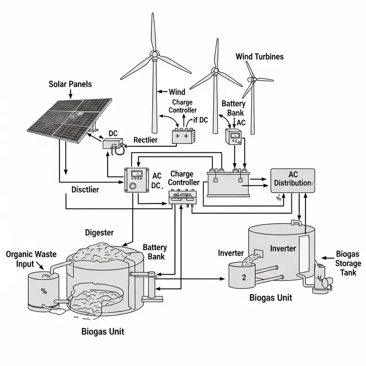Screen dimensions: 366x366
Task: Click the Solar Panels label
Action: (x=70, y=84)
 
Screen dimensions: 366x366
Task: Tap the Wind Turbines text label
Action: (x=259, y=57)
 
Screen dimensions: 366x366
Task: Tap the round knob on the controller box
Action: (x=134, y=187)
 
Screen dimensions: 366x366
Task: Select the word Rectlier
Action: (x=145, y=140)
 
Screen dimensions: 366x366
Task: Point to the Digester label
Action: (x=99, y=232)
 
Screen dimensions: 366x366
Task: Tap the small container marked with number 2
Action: (x=243, y=277)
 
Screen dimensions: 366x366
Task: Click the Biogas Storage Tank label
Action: (x=348, y=263)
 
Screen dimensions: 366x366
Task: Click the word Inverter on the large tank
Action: (x=283, y=248)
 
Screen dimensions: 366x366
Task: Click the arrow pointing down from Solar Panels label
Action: (x=70, y=94)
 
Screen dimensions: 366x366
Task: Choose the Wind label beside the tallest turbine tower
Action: (x=177, y=92)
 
